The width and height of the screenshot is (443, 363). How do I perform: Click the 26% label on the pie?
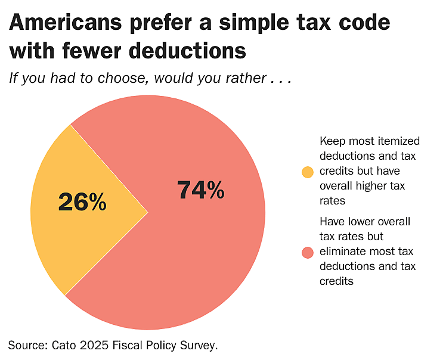[82, 203]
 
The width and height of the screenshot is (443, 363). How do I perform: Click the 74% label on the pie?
[201, 190]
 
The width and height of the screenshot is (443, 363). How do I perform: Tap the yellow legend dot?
[308, 172]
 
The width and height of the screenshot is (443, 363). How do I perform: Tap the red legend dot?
[308, 253]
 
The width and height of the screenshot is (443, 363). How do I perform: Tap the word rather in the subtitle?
[243, 78]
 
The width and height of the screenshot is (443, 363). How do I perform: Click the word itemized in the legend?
[398, 142]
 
